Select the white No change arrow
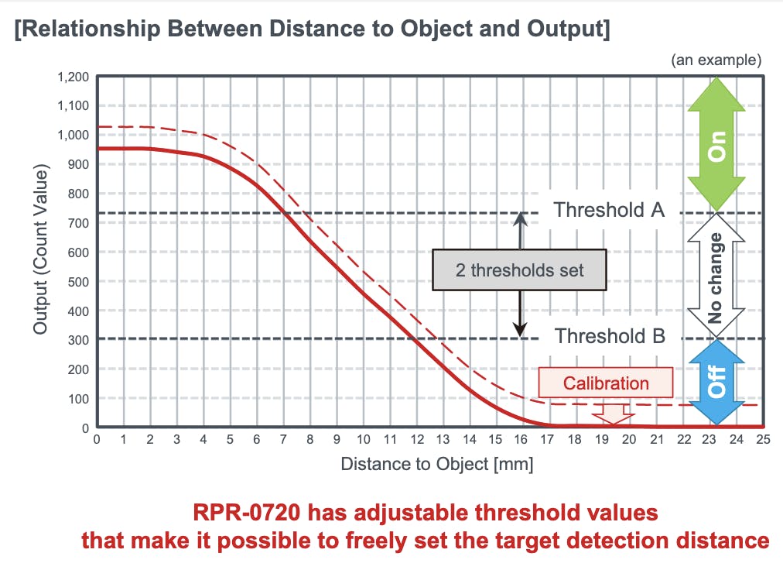(x=716, y=277)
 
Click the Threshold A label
(x=609, y=210)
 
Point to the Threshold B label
(x=610, y=336)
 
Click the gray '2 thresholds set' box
(x=519, y=270)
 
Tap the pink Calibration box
(x=606, y=383)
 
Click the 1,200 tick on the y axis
(x=74, y=77)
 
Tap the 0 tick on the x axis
(x=96, y=439)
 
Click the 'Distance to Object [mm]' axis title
(x=436, y=465)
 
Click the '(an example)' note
(x=716, y=59)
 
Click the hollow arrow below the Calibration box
(x=612, y=414)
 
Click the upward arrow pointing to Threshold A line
(x=521, y=230)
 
